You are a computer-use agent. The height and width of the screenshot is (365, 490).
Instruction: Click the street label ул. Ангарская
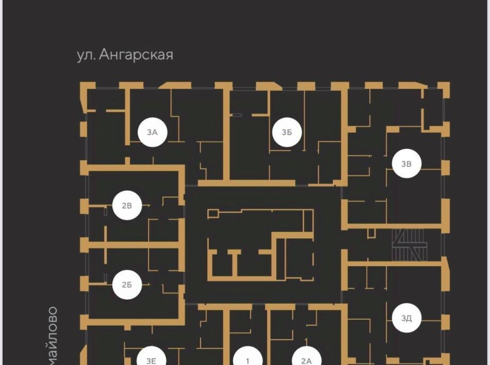[125, 54]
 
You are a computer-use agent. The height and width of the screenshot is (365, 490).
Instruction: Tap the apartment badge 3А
[152, 132]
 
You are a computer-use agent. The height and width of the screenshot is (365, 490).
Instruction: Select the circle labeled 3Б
[287, 132]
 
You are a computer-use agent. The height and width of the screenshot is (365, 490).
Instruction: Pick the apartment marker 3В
[407, 164]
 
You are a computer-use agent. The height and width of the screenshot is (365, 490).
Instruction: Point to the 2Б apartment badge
[127, 284]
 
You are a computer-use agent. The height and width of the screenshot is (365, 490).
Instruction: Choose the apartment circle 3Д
[407, 318]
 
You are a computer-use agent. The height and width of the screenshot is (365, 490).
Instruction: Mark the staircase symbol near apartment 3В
[408, 246]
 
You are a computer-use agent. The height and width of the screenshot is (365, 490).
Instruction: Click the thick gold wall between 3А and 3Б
[226, 134]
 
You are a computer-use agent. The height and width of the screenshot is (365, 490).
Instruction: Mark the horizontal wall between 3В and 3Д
[394, 264]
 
